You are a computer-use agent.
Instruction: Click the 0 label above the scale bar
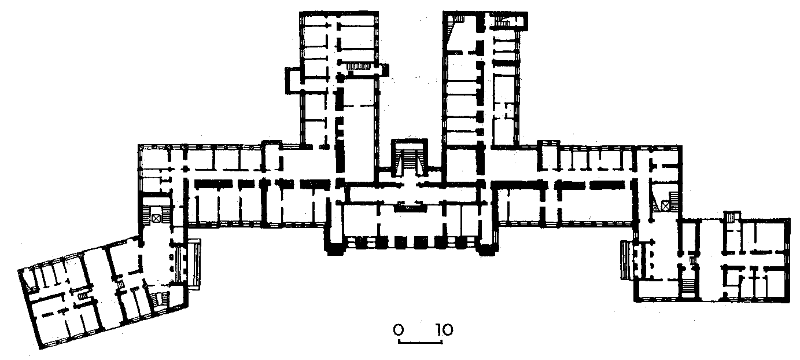tap(399, 329)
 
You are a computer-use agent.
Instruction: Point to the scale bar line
tap(421, 343)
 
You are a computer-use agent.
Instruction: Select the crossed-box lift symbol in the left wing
tap(156, 218)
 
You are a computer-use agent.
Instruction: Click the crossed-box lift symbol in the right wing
tap(665, 206)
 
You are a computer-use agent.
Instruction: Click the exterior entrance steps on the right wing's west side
tap(627, 260)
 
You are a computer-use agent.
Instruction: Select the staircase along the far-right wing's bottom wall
tap(688, 286)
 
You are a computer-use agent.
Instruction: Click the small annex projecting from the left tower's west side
tap(294, 80)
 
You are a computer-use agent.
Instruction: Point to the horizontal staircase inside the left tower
tap(359, 67)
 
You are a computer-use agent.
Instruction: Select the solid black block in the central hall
tap(410, 208)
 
